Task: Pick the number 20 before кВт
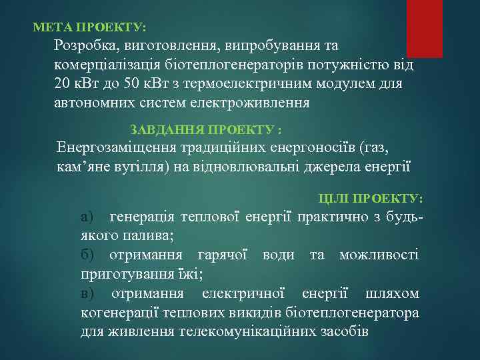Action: (63, 85)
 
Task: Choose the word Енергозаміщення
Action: (115, 147)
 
